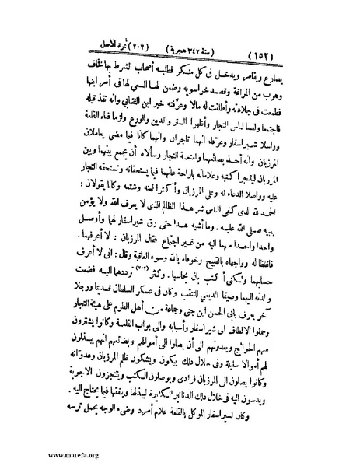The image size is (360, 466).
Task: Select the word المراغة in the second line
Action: pos(254,97)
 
